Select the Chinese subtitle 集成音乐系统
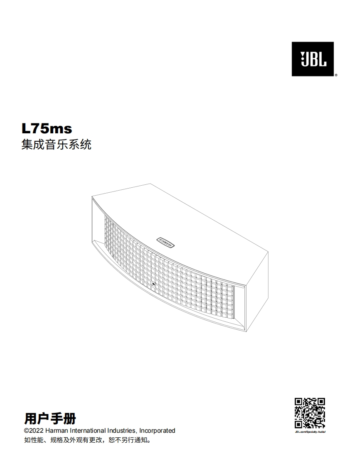click(x=56, y=145)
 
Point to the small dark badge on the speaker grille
click(x=153, y=285)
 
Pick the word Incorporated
click(x=157, y=431)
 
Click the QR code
click(x=310, y=413)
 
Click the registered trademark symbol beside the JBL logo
click(x=335, y=75)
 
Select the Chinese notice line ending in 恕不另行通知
click(x=87, y=440)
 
